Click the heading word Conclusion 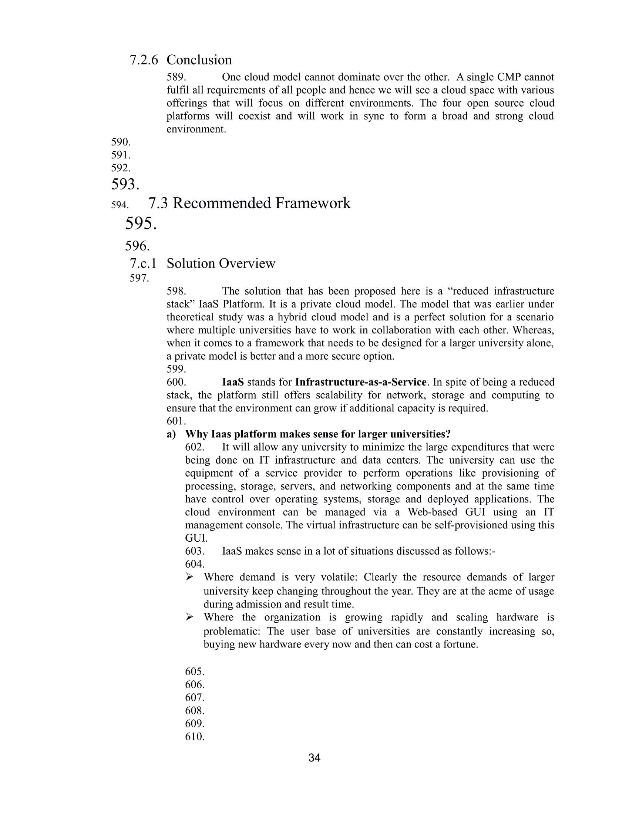point(199,60)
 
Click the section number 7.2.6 point(144,60)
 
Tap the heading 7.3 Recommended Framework point(249,203)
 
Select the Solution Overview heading point(221,263)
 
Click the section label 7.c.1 point(143,263)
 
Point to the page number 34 point(314,758)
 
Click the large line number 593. point(125,184)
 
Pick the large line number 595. point(141,223)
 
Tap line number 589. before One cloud point(176,77)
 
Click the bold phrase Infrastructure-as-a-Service point(360,382)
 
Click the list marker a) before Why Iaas point(171,434)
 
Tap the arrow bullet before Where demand point(190,577)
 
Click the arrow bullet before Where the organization point(190,617)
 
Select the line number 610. point(195,736)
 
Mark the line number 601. point(176,421)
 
